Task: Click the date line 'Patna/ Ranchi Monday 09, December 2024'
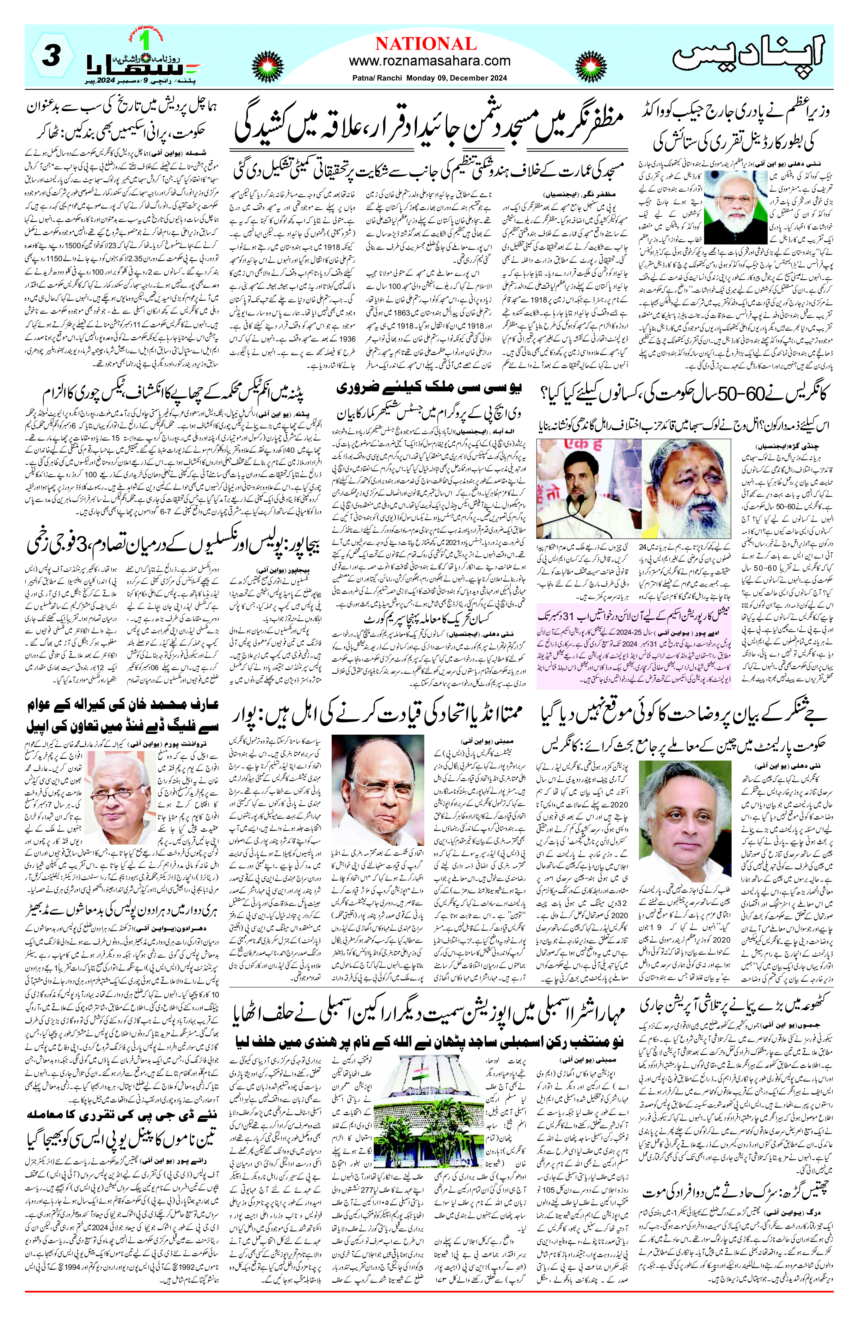tap(429, 78)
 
